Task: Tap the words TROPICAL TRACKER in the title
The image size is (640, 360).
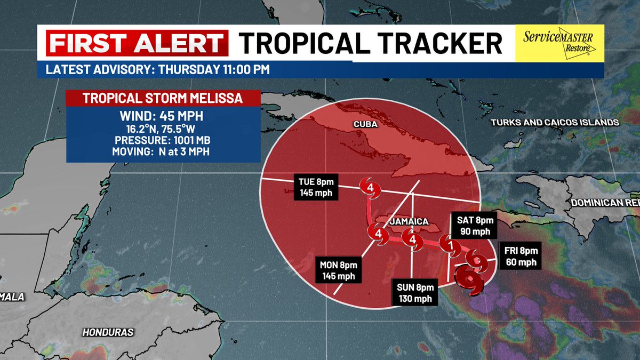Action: pyautogui.click(x=370, y=43)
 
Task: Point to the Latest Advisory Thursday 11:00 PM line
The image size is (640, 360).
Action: pyautogui.click(x=157, y=70)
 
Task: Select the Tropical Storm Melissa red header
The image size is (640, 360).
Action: pyautogui.click(x=163, y=99)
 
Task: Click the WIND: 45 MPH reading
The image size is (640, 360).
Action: pyautogui.click(x=163, y=116)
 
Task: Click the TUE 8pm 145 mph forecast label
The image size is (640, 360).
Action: pyautogui.click(x=316, y=187)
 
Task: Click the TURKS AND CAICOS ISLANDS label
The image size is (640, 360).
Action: pyautogui.click(x=554, y=123)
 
